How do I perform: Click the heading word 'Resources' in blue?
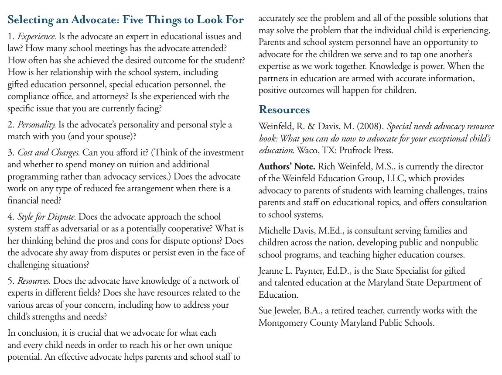click(284, 110)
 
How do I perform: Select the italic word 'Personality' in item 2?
click(37, 125)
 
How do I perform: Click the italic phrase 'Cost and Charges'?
click(48, 153)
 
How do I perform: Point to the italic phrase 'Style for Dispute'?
click(47, 217)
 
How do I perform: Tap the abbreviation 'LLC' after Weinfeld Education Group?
click(404, 179)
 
